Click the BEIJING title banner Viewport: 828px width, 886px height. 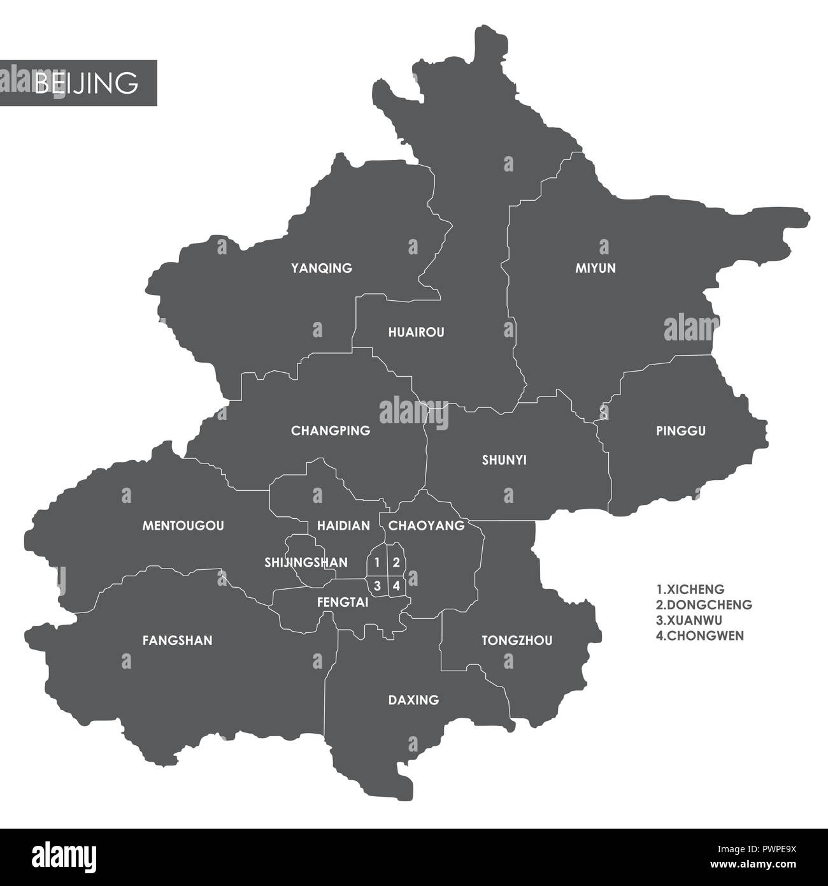pyautogui.click(x=78, y=83)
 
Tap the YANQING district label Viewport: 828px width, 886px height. pyautogui.click(x=321, y=268)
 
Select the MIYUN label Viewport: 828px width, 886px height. pyautogui.click(x=596, y=268)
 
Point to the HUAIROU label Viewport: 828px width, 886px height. pyautogui.click(x=416, y=332)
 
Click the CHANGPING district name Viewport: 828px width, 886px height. pyautogui.click(x=330, y=431)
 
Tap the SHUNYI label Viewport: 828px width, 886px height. pyautogui.click(x=504, y=460)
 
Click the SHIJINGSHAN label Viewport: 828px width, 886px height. pyautogui.click(x=306, y=562)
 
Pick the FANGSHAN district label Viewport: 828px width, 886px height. pyautogui.click(x=177, y=641)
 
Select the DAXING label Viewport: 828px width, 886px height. pyautogui.click(x=413, y=700)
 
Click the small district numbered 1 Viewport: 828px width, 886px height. pyautogui.click(x=377, y=562)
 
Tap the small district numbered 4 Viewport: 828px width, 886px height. pyautogui.click(x=396, y=585)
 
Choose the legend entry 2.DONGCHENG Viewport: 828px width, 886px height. pyautogui.click(x=703, y=605)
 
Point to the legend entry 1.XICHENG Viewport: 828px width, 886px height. pyautogui.click(x=690, y=590)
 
